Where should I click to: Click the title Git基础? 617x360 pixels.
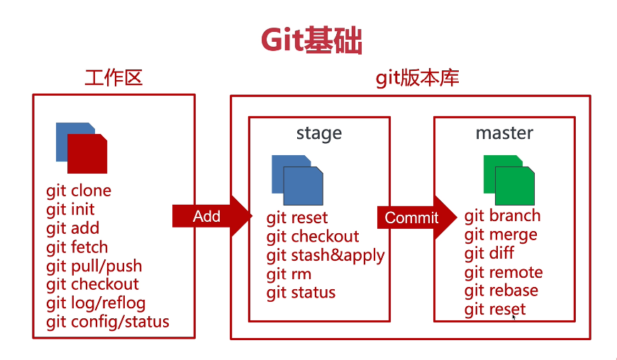click(x=311, y=40)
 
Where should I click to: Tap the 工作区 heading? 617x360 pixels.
click(x=113, y=77)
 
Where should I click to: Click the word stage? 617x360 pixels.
click(x=318, y=133)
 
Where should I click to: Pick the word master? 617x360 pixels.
click(x=504, y=133)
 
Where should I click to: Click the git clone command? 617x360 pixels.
click(x=79, y=191)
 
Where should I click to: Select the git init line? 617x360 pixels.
click(x=70, y=210)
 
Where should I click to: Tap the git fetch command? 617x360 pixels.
click(x=77, y=247)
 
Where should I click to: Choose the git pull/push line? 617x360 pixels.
click(x=94, y=266)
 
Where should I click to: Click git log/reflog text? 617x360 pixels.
click(x=96, y=303)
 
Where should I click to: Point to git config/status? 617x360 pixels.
click(x=108, y=322)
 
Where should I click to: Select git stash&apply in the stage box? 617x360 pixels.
click(x=326, y=255)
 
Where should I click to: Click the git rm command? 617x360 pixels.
click(x=289, y=274)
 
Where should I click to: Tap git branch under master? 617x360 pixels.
click(x=502, y=216)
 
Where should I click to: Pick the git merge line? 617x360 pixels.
click(x=501, y=235)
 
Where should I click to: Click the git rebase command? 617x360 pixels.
click(x=501, y=291)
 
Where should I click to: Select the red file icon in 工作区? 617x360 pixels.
click(x=88, y=154)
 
